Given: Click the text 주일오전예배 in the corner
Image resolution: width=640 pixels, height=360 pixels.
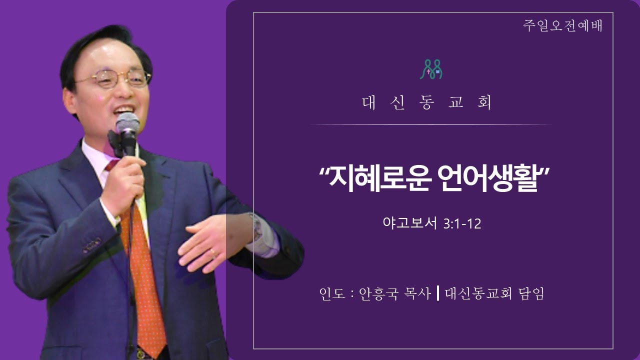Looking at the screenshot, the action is pyautogui.click(x=563, y=25).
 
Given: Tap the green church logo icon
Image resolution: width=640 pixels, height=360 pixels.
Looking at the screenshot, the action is pyautogui.click(x=431, y=69).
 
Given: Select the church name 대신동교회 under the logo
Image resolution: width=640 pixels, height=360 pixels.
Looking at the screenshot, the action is pyautogui.click(x=427, y=102).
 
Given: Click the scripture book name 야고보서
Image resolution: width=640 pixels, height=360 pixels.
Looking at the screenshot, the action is pyautogui.click(x=410, y=223).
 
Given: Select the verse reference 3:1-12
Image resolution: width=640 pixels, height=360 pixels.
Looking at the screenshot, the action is pyautogui.click(x=462, y=223).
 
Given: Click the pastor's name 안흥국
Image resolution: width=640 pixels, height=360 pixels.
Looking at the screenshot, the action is pyautogui.click(x=378, y=293).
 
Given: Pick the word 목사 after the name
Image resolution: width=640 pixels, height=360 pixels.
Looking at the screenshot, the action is pyautogui.click(x=417, y=293).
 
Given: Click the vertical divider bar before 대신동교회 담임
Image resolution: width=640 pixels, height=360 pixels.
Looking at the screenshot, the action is pyautogui.click(x=438, y=293).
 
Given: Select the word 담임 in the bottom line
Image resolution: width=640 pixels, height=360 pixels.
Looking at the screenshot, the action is pyautogui.click(x=530, y=293).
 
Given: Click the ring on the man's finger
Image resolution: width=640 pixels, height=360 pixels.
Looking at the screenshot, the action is pyautogui.click(x=212, y=251).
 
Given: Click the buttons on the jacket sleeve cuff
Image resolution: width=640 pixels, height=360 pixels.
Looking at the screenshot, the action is pyautogui.click(x=92, y=245).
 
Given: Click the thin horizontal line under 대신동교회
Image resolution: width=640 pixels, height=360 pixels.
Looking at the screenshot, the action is pyautogui.click(x=431, y=125).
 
